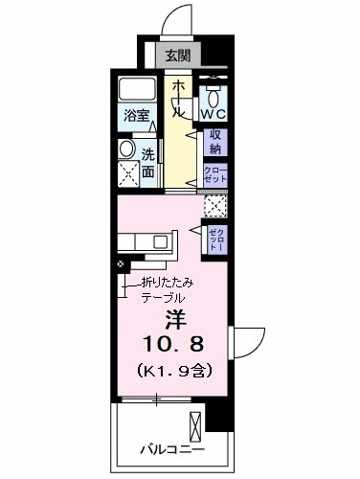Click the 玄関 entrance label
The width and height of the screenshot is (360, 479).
coord(174,55)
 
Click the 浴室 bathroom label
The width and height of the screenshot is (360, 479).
coord(138,116)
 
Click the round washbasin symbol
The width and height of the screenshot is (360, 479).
coord(126,149)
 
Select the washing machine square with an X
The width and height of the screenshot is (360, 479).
coord(126,173)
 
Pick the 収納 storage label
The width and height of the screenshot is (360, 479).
coord(215,143)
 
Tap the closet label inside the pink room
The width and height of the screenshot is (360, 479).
coord(215,239)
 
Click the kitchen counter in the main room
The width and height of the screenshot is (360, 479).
coord(148,245)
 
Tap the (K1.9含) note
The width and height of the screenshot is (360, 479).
coord(173,369)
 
